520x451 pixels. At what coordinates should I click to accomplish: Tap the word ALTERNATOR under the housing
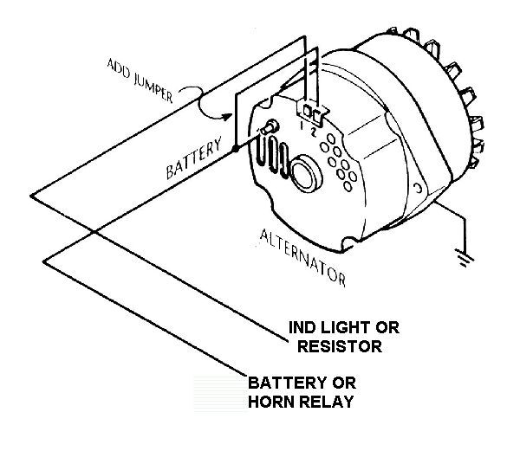pos(303,258)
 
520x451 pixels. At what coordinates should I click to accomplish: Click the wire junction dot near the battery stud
pos(235,150)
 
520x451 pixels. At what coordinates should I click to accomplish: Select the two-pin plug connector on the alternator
pos(310,112)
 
